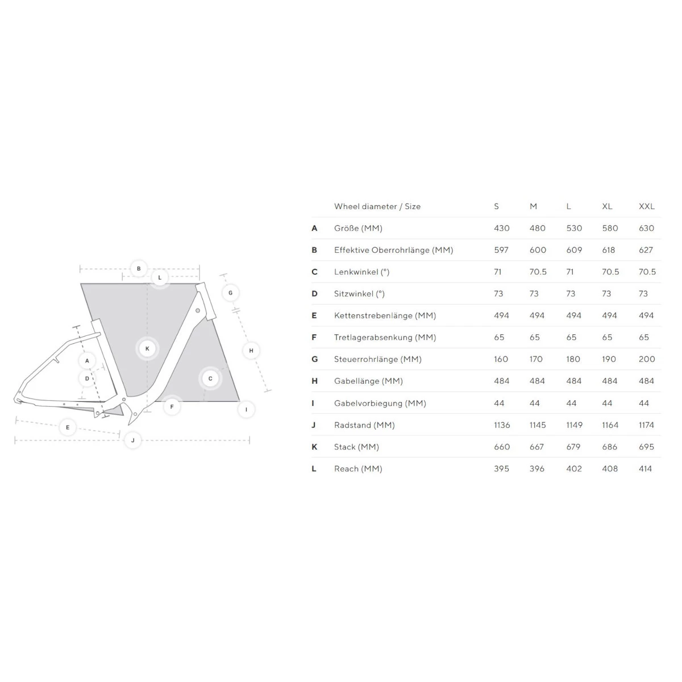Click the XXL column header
click(x=647, y=206)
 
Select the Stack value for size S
click(x=502, y=447)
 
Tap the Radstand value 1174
click(x=646, y=425)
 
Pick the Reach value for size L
click(x=574, y=469)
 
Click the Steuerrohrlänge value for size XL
click(x=609, y=359)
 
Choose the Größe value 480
click(x=537, y=228)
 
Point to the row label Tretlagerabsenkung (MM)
click(x=385, y=338)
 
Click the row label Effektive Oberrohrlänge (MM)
click(x=393, y=250)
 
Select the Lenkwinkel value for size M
click(x=538, y=272)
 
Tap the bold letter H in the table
click(x=315, y=381)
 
